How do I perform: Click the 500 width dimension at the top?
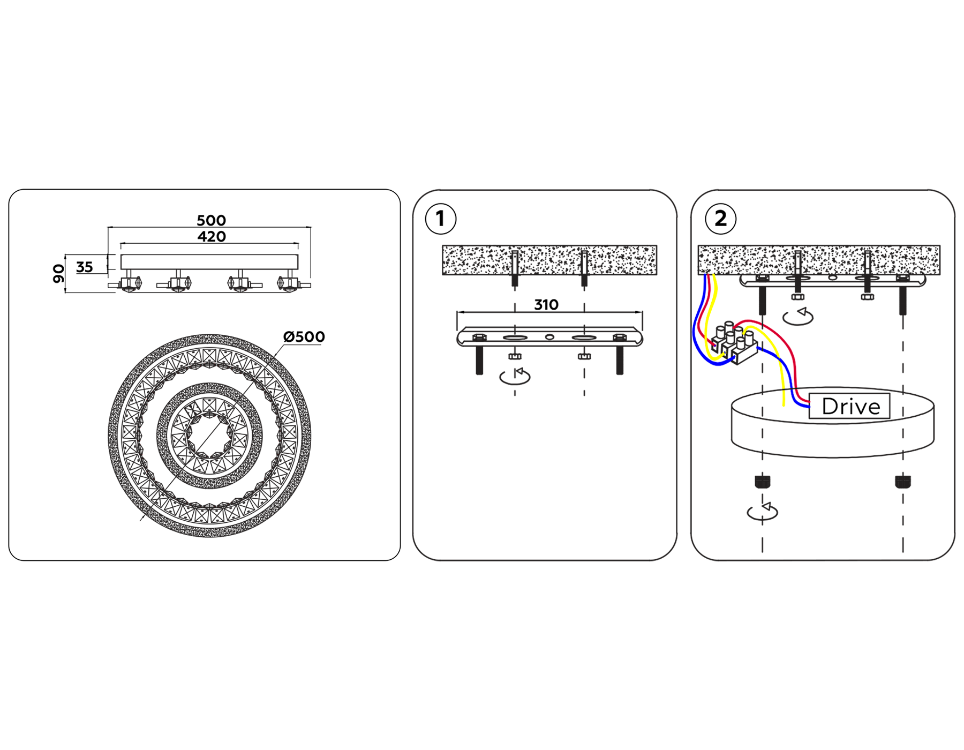[211, 220]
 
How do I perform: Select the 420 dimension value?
[211, 236]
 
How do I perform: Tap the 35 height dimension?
[85, 267]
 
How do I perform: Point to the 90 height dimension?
[58, 273]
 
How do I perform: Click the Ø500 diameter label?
[304, 337]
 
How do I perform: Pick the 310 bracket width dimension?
[546, 305]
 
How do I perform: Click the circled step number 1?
[440, 219]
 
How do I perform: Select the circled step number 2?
[720, 219]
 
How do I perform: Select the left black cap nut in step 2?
[762, 481]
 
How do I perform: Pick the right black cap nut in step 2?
[902, 481]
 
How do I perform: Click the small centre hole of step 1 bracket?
[549, 337]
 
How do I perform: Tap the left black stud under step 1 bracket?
[479, 360]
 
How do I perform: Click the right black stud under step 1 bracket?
[620, 360]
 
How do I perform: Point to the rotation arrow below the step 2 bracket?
[798, 317]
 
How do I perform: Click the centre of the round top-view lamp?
[209, 436]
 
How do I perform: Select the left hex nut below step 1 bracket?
[515, 356]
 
